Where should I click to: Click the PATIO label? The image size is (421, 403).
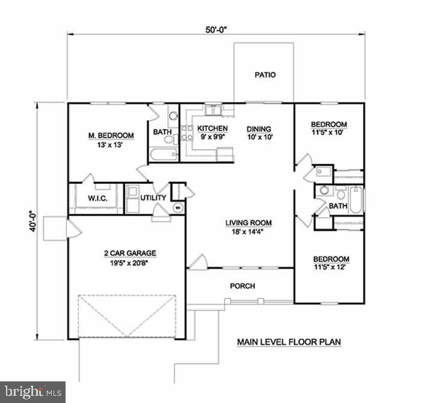[x=265, y=75]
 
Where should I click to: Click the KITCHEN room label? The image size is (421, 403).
[x=213, y=129]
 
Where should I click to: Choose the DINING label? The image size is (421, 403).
[x=259, y=129]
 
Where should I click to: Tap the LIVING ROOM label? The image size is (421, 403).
[x=248, y=223]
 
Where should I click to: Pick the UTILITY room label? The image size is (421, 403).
[x=153, y=198]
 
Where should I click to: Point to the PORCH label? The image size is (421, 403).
[x=242, y=286]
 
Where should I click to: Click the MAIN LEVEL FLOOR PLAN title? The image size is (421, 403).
[x=289, y=342]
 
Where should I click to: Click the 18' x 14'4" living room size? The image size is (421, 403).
[x=248, y=232]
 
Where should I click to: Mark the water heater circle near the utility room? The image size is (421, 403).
[x=178, y=207]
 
